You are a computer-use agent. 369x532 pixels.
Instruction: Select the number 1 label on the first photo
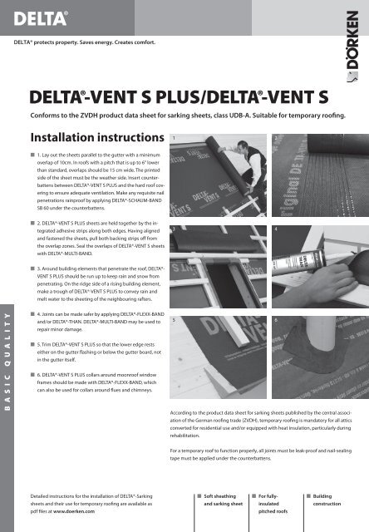172,136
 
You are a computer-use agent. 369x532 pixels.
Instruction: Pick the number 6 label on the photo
274,319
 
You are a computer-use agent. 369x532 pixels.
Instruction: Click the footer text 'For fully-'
271,495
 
